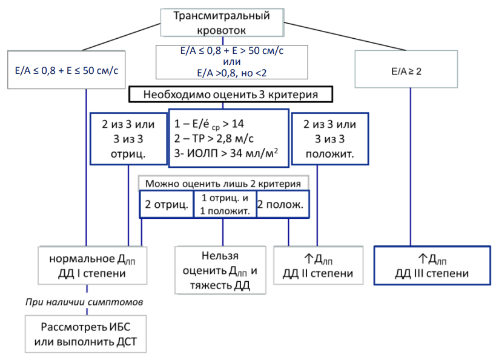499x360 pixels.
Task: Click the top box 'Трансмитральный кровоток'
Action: [222, 22]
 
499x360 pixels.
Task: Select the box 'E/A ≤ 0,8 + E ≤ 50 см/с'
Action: [66, 70]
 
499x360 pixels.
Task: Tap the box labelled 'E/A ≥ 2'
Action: [406, 69]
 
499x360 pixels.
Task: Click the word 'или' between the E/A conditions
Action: [232, 61]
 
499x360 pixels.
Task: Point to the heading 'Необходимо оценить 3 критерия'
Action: [231, 95]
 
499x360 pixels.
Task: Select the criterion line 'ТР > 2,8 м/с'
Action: [214, 139]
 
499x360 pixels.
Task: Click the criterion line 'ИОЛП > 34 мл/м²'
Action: [226, 153]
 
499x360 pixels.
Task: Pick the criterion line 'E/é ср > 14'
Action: [209, 124]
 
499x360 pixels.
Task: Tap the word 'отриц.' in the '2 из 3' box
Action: [128, 154]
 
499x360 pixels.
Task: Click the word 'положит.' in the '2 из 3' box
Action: [329, 154]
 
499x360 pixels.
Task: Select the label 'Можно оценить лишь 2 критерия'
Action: [223, 184]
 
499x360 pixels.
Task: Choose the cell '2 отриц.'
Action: [167, 204]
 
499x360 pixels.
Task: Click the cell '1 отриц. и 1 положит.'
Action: [225, 204]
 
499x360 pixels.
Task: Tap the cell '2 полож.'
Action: [283, 204]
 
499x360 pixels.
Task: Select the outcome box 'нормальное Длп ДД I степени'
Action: [92, 265]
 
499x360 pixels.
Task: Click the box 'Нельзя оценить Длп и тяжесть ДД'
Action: [220, 270]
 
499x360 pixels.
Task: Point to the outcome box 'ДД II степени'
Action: [319, 265]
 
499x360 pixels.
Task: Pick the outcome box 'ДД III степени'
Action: [432, 265]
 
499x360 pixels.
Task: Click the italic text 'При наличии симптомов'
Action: [84, 302]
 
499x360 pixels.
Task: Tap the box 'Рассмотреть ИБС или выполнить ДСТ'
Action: [85, 334]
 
